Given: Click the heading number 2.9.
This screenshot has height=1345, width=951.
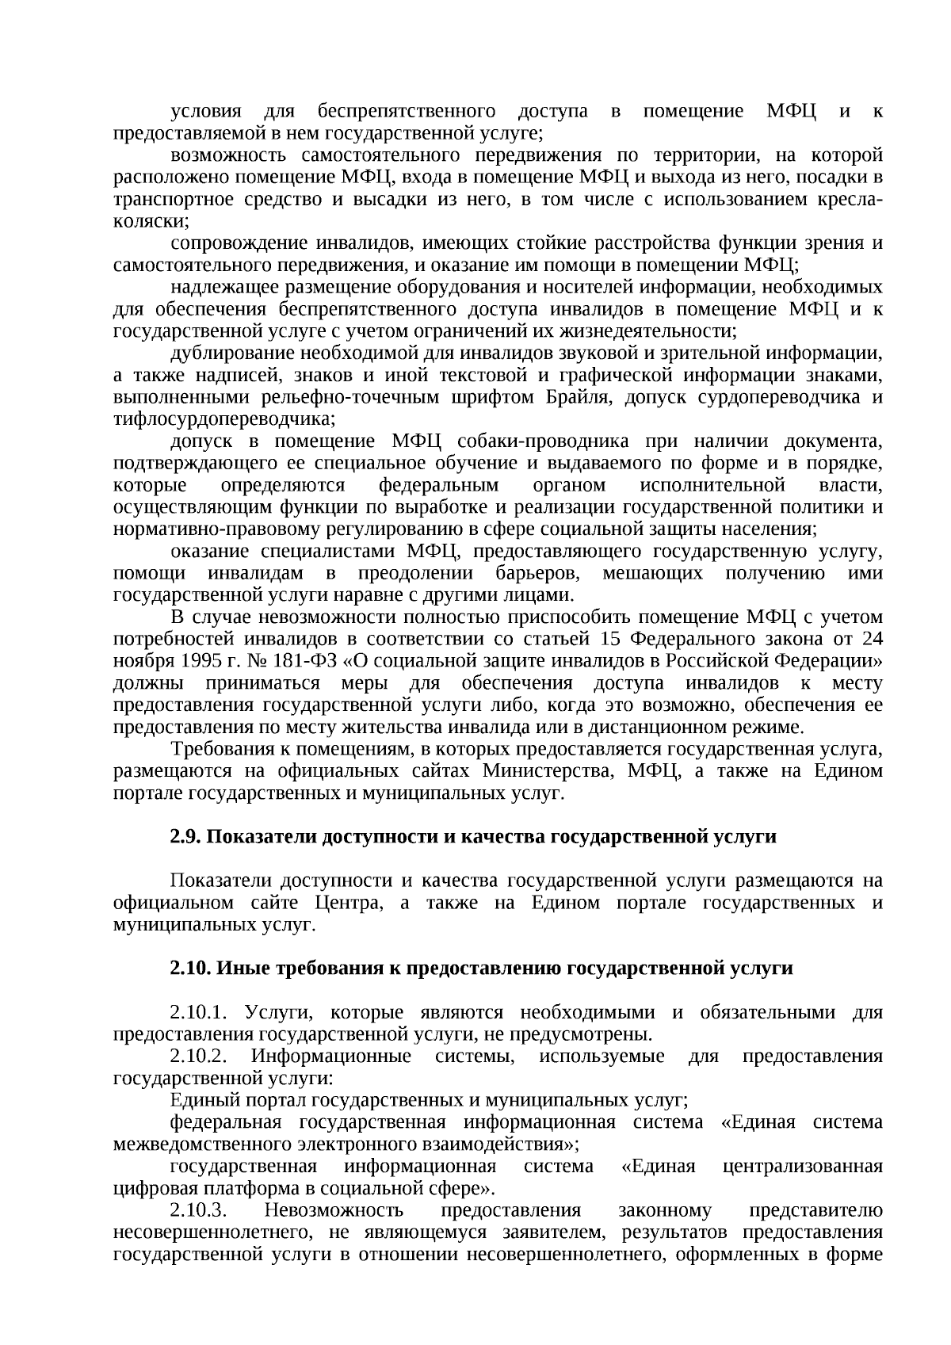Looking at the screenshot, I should (x=185, y=837).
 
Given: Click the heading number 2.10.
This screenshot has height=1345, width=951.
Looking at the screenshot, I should (x=190, y=969).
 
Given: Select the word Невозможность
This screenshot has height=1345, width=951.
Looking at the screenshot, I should (x=334, y=1210).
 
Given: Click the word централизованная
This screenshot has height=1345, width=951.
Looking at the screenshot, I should (x=803, y=1167).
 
